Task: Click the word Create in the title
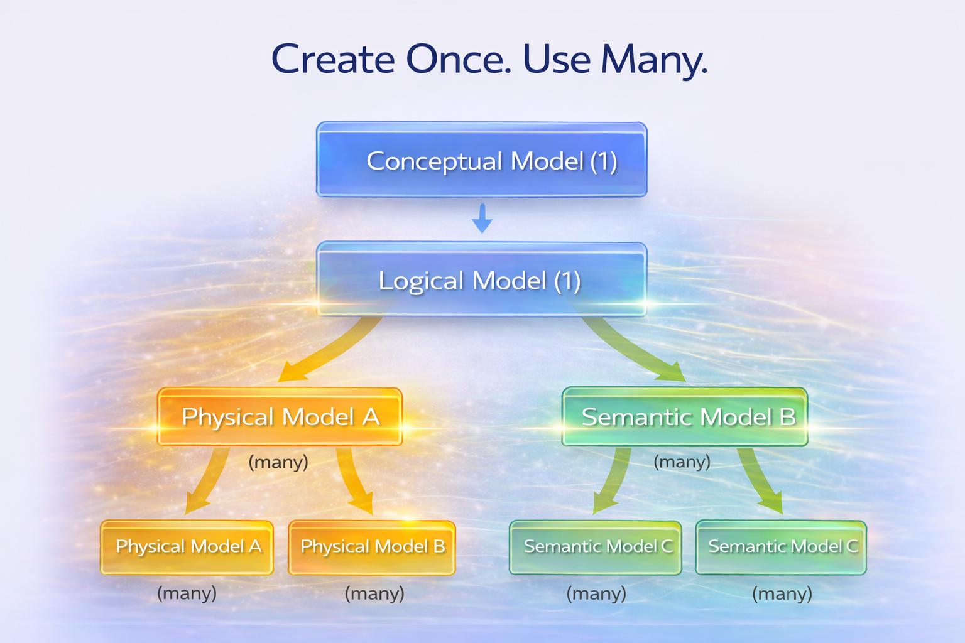333,60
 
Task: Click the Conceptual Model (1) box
482,160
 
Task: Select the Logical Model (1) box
482,280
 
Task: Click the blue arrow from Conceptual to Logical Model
482,218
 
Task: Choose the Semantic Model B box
685,417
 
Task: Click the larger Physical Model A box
280,417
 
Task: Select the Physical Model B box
372,547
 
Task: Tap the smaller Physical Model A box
187,547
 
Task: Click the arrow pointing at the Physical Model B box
354,480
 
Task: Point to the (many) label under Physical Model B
374,593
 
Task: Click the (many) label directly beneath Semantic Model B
682,462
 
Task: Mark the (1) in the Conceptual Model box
603,161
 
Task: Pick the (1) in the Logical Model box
567,281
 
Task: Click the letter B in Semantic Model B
787,417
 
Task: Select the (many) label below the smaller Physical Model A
187,593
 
